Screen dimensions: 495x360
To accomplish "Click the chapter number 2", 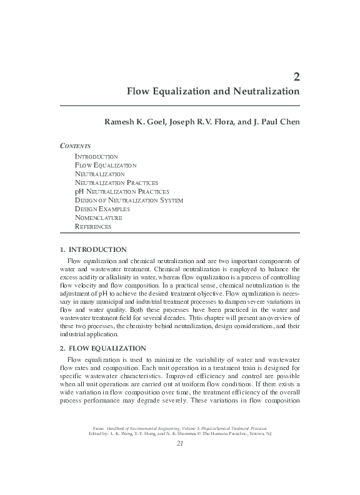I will [296, 77].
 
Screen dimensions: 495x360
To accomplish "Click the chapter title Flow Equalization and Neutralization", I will [213, 91].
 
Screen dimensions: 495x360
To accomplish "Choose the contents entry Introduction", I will [96, 156].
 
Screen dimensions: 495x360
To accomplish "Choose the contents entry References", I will [93, 226].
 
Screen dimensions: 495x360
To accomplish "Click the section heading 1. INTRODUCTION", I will [92, 249].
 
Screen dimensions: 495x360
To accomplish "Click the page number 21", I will [180, 443].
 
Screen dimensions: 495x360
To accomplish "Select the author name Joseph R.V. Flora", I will [211, 121].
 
